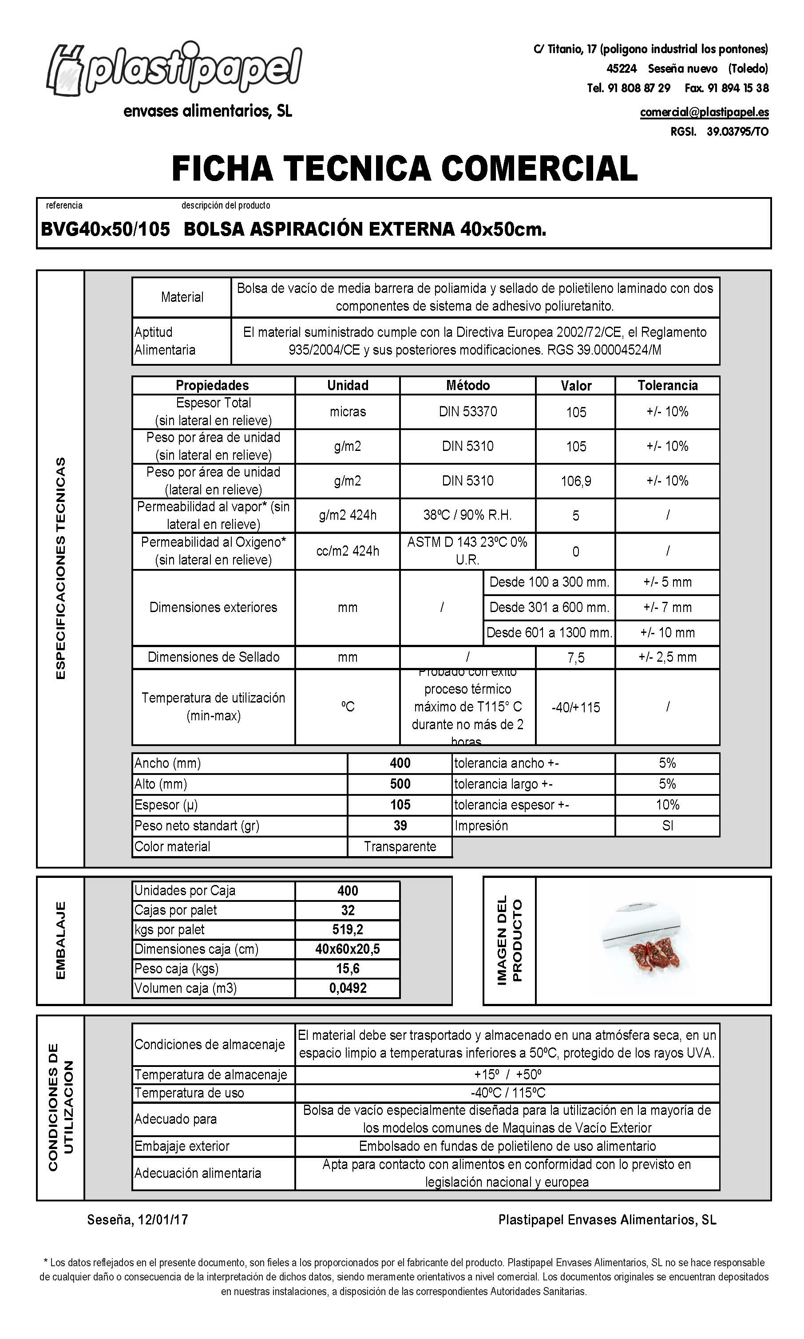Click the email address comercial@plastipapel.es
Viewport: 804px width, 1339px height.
[704, 112]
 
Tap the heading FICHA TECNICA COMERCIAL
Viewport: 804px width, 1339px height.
[404, 168]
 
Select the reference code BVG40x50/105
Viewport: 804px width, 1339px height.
[106, 229]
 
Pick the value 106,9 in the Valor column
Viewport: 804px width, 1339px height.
[575, 481]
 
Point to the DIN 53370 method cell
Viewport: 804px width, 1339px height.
[467, 411]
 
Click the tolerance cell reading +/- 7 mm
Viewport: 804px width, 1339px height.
[667, 607]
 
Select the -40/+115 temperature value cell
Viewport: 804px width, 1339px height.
[575, 707]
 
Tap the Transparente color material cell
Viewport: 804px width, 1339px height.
[400, 846]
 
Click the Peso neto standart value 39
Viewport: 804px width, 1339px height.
[400, 825]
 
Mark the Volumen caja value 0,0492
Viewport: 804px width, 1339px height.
[347, 987]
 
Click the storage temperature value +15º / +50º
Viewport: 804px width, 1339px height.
[507, 1074]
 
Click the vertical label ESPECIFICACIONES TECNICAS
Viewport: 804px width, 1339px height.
[61, 568]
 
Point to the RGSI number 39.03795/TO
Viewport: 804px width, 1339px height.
[737, 131]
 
